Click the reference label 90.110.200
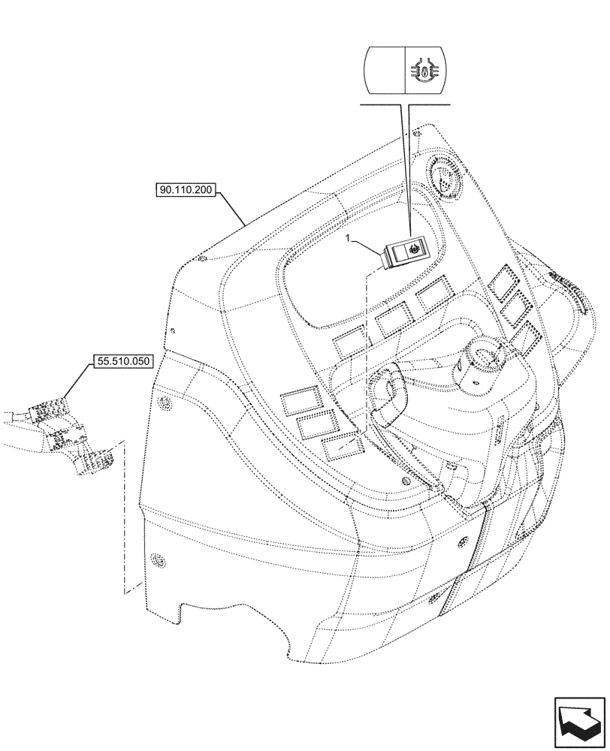pyautogui.click(x=186, y=191)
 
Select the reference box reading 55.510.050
pyautogui.click(x=124, y=361)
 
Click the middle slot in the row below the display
pyautogui.click(x=392, y=321)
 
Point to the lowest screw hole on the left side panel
pyautogui.click(x=157, y=559)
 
